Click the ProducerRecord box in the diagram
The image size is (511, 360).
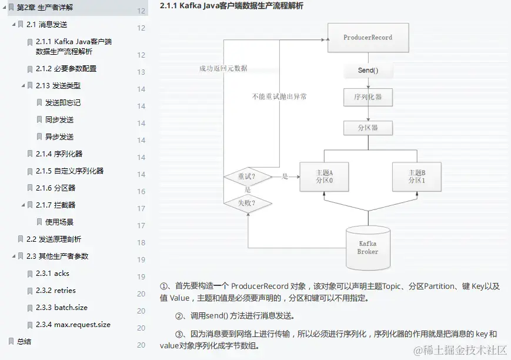point(368,38)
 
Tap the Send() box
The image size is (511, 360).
point(368,71)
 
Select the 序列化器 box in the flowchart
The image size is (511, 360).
point(368,97)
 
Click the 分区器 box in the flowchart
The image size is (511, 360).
point(368,128)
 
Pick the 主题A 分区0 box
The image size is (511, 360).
point(324,176)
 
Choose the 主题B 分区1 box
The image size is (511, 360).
point(416,176)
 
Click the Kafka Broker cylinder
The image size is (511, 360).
point(368,247)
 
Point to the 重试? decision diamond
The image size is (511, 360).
point(247,176)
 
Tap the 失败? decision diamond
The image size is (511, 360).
point(247,204)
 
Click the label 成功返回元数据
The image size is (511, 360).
point(223,68)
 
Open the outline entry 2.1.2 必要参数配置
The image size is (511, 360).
point(66,69)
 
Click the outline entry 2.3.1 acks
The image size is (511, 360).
point(52,274)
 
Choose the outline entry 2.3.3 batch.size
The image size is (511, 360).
point(61,308)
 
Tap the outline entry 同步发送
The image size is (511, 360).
point(59,120)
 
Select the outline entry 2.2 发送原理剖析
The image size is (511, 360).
point(54,239)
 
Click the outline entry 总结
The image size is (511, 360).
point(24,342)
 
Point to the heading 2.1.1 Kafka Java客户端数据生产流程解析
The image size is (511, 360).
point(232,6)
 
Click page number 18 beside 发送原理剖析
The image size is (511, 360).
point(141,243)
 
